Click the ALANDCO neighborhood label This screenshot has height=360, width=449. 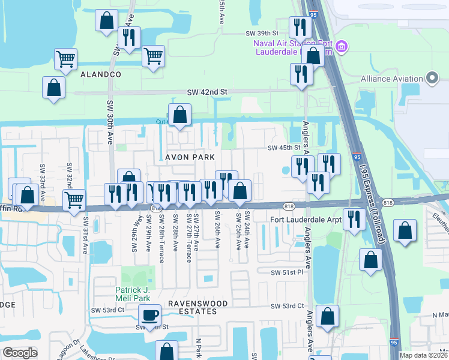[101, 74]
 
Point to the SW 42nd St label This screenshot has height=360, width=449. [208, 92]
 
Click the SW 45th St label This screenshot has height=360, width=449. [283, 148]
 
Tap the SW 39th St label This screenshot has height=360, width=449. [262, 33]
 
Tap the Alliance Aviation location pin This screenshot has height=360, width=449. [432, 79]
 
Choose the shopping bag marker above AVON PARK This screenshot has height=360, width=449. [179, 115]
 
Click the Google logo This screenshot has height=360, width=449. [20, 352]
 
